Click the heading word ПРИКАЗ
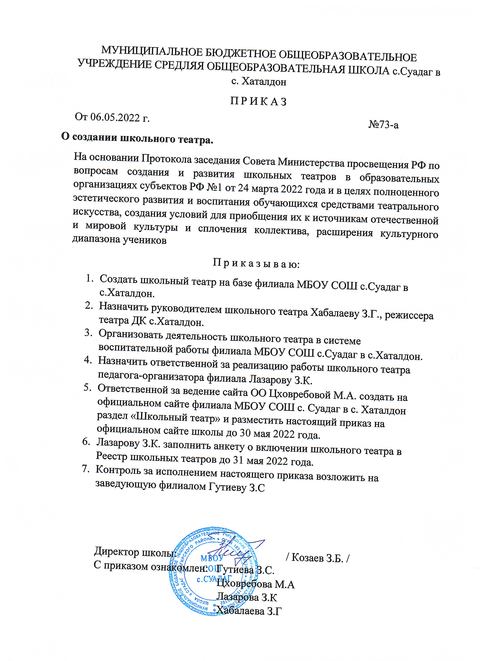tap(259, 102)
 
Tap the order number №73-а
tap(383, 125)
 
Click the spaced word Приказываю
tap(256, 264)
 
